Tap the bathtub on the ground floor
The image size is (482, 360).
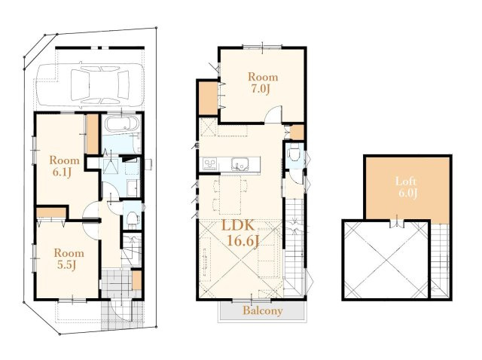[x=122, y=125]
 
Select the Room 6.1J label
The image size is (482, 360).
[x=64, y=166]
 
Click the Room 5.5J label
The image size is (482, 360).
[x=69, y=259]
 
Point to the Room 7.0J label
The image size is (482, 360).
[x=263, y=82]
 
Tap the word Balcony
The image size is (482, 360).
[x=263, y=310]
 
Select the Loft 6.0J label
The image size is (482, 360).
[x=407, y=187]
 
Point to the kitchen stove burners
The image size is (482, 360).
[x=209, y=163]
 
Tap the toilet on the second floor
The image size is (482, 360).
[x=294, y=154]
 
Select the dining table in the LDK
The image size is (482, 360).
[x=230, y=195]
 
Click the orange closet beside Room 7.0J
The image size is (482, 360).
[x=209, y=98]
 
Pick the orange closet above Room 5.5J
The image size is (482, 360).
[x=51, y=212]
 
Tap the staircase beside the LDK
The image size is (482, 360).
[x=294, y=246]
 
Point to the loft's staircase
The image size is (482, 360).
[x=440, y=261]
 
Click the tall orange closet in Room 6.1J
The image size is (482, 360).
[x=92, y=134]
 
